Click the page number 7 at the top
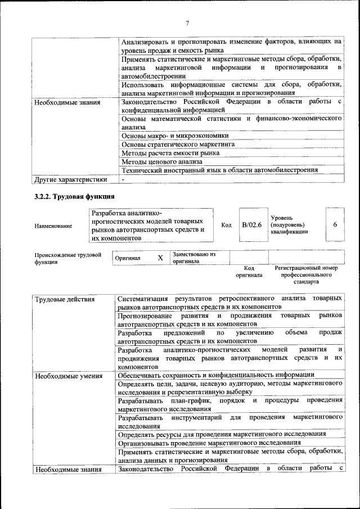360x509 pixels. [x=187, y=23]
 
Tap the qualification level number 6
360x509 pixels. [x=335, y=225]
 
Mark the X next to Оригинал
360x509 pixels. [x=160, y=258]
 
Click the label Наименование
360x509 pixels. [x=53, y=226]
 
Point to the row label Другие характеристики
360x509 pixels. [x=70, y=179]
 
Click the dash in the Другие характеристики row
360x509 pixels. [x=123, y=179]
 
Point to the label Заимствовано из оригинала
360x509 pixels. [x=194, y=258]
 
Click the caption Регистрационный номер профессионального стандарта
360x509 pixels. [x=306, y=275]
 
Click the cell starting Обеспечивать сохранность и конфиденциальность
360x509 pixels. [x=217, y=375]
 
